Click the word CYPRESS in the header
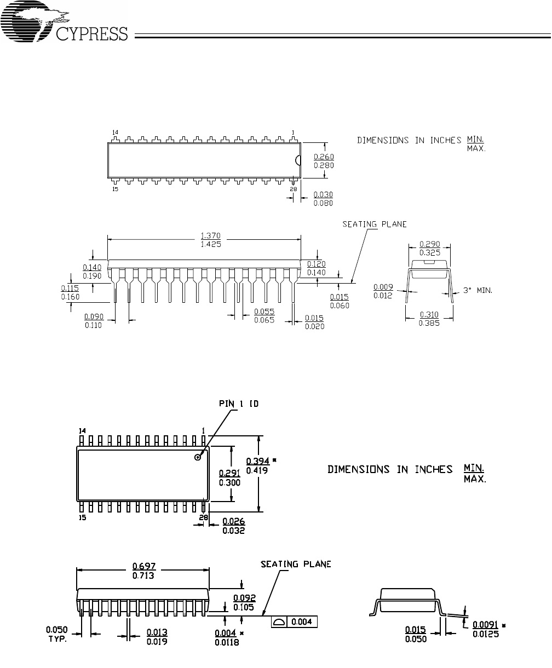click(x=92, y=34)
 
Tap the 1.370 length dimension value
click(x=211, y=236)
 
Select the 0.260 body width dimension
click(x=324, y=157)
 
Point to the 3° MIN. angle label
click(x=478, y=290)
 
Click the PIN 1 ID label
click(x=239, y=404)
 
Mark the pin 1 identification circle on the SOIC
click(x=198, y=458)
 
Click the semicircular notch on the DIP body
click(x=298, y=160)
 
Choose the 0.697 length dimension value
click(x=144, y=566)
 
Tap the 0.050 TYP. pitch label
click(x=57, y=635)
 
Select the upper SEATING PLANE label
click(x=375, y=224)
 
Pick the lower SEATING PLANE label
click(x=296, y=565)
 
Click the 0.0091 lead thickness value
click(x=485, y=625)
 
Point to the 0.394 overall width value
click(x=257, y=461)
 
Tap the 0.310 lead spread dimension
click(x=429, y=314)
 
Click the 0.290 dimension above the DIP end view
click(x=430, y=244)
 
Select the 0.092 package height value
click(x=244, y=598)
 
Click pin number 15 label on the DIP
click(x=115, y=189)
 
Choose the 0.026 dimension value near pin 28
click(x=234, y=521)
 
